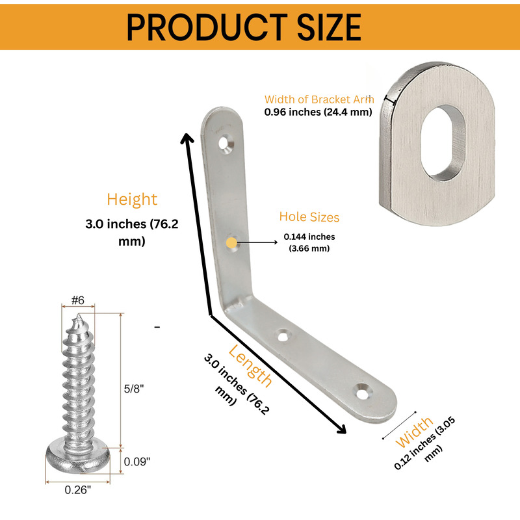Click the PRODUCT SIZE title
[244, 27]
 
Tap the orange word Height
[132, 200]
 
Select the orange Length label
[250, 366]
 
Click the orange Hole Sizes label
[309, 217]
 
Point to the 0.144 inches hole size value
[309, 237]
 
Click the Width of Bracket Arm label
[319, 99]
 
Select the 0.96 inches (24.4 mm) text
[318, 112]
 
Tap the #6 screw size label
[78, 300]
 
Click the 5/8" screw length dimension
[134, 389]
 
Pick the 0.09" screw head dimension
[137, 461]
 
